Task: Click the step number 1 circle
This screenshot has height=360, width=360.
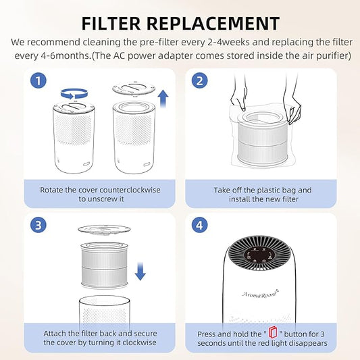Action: click(38, 80)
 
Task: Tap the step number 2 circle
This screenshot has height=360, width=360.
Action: click(200, 80)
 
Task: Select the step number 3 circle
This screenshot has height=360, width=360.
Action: click(38, 225)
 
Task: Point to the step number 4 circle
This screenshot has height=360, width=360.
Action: click(200, 225)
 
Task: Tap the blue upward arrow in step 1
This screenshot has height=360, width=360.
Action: click(163, 98)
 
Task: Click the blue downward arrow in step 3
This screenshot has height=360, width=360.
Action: click(140, 272)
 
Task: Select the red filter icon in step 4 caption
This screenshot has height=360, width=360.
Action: click(273, 332)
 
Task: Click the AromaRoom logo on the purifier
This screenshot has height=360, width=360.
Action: click(260, 294)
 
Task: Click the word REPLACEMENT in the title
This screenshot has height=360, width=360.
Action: click(213, 24)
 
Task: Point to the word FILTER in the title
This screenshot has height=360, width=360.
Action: click(111, 24)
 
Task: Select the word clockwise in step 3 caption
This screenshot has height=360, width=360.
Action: click(139, 342)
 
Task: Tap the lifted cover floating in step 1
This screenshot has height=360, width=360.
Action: click(134, 89)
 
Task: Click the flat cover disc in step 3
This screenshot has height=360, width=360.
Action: click(104, 230)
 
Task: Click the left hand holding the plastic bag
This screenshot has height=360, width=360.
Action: click(239, 99)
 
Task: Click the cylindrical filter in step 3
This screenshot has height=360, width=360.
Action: click(105, 265)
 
